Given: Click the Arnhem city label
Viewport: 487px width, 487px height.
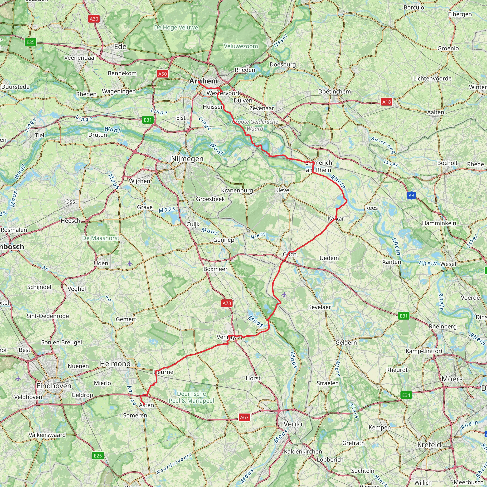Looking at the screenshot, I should coord(203,81).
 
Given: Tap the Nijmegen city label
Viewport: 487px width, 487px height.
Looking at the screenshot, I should coord(187,159).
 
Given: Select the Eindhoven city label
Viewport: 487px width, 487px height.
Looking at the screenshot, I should coord(54,386).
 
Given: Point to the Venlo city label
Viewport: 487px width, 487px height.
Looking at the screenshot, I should coord(293,424).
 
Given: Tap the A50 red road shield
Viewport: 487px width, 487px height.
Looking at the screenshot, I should coord(162,74).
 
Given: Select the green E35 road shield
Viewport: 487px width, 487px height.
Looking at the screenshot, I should coord(30,42).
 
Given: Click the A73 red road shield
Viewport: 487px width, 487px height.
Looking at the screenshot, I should coord(227,303).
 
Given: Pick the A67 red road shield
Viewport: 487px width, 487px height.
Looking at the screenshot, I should coord(244,417).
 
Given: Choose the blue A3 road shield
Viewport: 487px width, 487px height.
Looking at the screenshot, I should coord(411,195).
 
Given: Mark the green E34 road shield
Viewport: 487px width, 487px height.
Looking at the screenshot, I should coord(406,395).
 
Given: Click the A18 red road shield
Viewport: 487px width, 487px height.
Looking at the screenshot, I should coord(386,102).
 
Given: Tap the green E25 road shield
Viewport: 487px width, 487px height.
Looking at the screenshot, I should coord(98,455).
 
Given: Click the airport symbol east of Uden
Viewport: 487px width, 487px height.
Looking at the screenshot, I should coord(130,264).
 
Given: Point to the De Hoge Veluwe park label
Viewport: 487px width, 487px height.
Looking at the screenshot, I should coord(176,28).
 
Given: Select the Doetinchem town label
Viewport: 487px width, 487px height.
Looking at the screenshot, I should coord(335,92).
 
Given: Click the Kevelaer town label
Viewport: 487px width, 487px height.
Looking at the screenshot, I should coord(319,307).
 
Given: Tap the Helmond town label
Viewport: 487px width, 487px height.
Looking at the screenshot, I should coord(115,364).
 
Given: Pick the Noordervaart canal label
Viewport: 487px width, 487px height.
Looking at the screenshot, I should coord(174,463).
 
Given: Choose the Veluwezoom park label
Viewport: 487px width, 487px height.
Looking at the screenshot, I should coord(241,46).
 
